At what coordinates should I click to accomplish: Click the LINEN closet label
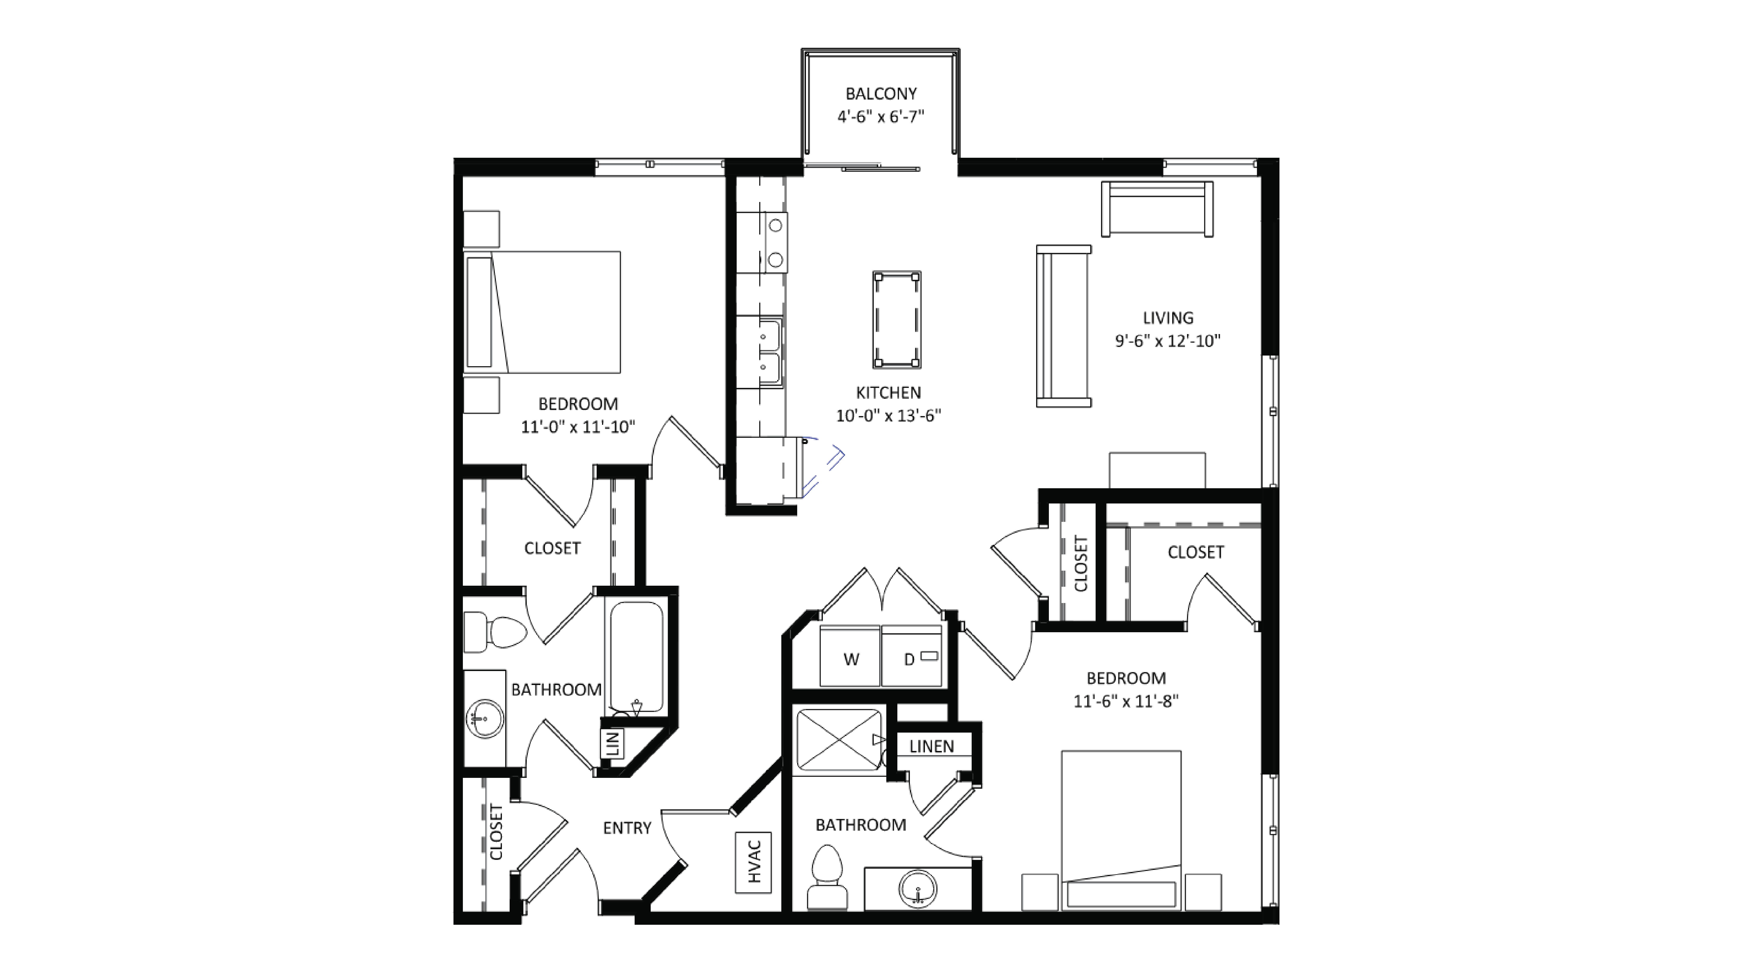[932, 746]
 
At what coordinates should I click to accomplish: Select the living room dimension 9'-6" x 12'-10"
[1168, 341]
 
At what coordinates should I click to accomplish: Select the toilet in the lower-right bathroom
[827, 878]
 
